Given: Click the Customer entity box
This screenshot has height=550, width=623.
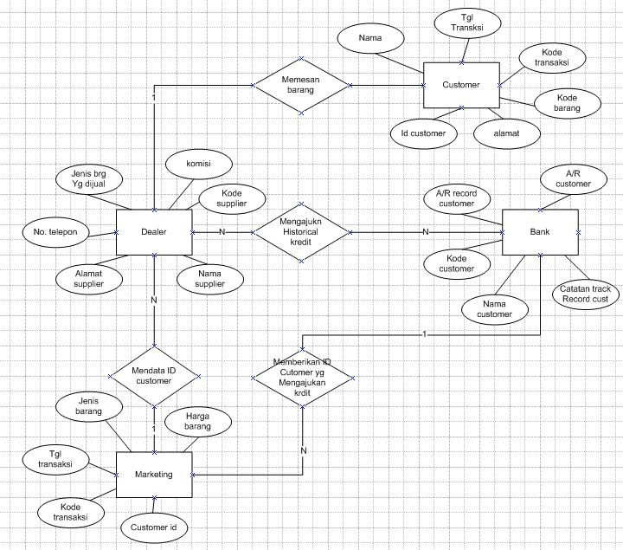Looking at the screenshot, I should (x=461, y=85).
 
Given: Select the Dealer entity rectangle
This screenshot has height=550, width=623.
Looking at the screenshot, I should (x=153, y=232).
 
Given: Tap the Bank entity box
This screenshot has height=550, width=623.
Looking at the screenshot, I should (x=539, y=232).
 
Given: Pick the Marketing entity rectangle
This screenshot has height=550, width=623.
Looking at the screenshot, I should (x=153, y=475).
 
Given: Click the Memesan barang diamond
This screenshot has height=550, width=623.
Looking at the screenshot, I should (x=301, y=84).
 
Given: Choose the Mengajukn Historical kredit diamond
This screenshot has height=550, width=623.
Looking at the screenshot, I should (x=301, y=232).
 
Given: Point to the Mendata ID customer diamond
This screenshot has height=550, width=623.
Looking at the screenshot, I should (x=154, y=376).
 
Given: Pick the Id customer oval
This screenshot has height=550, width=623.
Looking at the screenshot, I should (x=423, y=133).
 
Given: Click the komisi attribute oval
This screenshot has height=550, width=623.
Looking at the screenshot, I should (x=198, y=162).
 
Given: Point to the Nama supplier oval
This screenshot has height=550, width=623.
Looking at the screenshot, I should (x=209, y=279).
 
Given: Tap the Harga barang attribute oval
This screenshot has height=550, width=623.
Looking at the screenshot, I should (x=198, y=421).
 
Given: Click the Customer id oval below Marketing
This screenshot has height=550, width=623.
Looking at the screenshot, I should (x=153, y=526).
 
